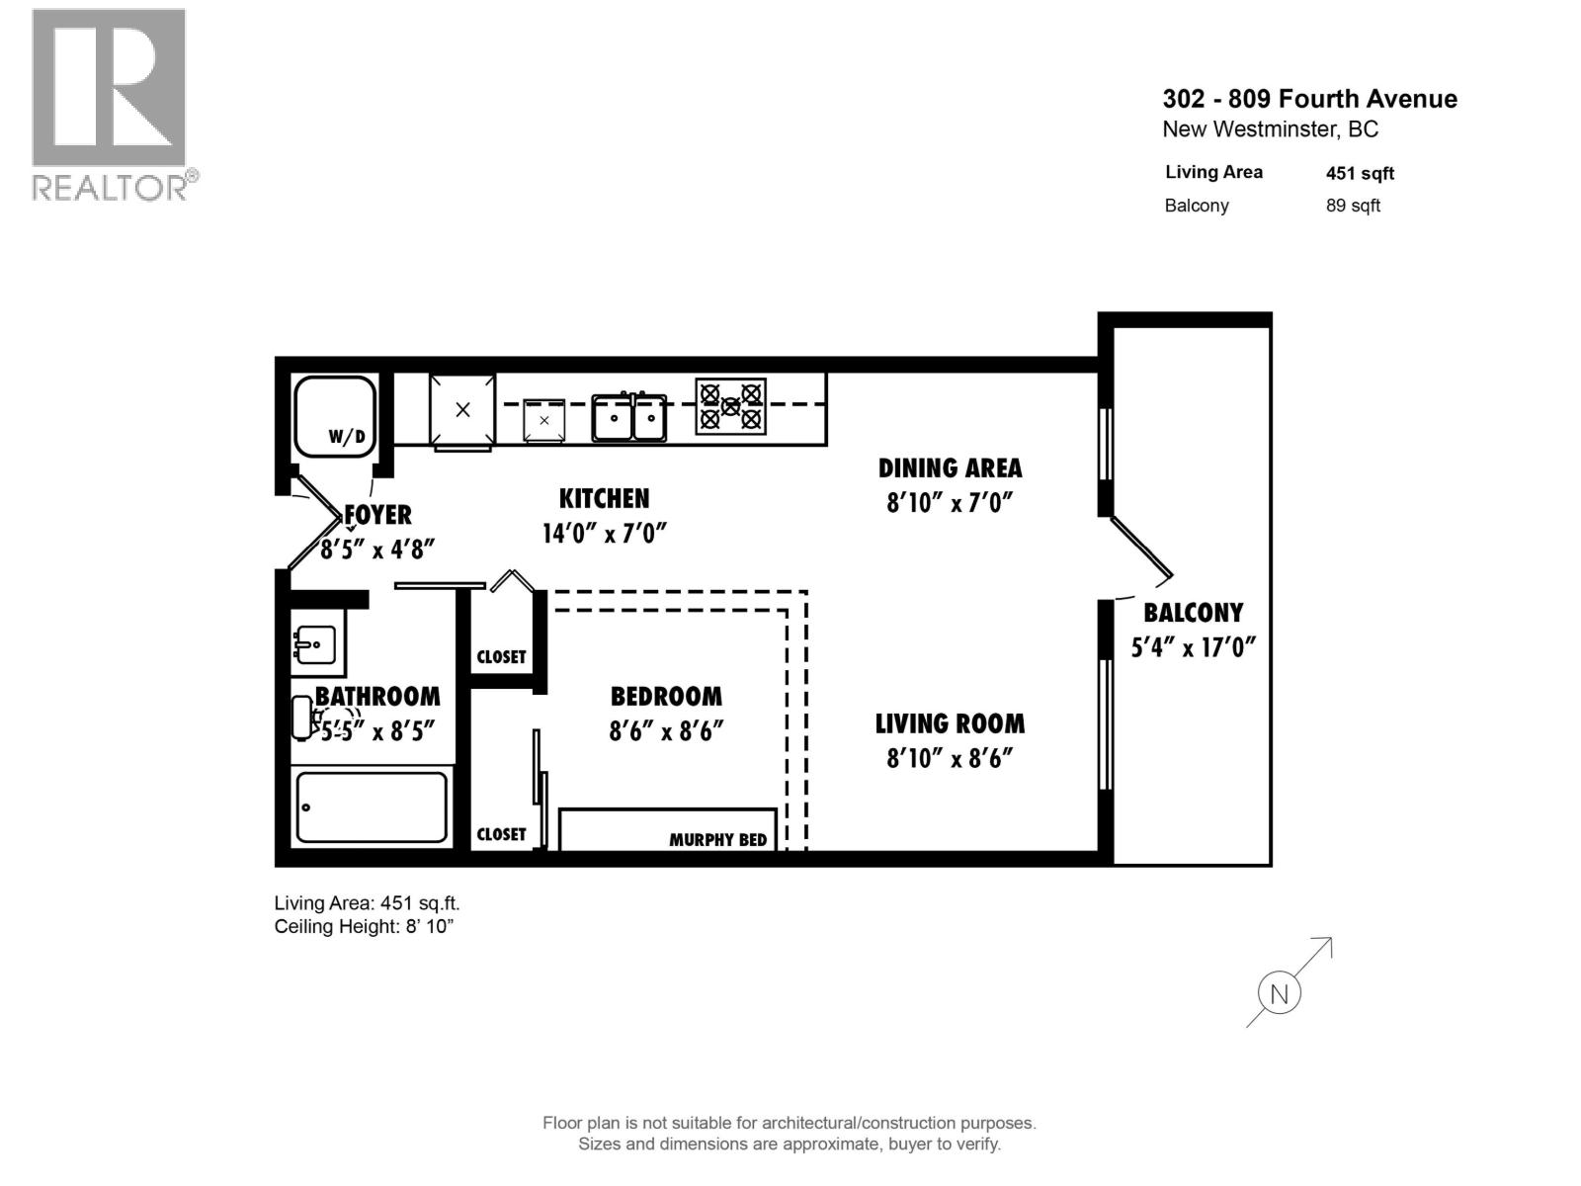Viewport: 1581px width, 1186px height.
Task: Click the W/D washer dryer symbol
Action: (x=335, y=415)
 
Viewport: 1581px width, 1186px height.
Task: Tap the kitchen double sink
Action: (x=629, y=418)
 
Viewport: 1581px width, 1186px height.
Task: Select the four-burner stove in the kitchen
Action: (x=731, y=406)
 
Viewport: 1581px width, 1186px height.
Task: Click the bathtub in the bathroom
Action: (x=372, y=807)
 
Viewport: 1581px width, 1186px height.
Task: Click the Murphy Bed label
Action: (x=717, y=840)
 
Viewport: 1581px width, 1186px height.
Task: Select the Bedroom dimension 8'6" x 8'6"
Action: (x=667, y=731)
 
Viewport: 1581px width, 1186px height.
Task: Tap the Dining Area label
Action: (x=950, y=467)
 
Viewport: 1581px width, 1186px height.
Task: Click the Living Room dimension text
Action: (x=950, y=758)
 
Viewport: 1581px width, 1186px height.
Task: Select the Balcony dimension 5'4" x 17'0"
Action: (x=1193, y=647)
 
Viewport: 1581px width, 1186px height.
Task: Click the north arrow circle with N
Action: (x=1280, y=993)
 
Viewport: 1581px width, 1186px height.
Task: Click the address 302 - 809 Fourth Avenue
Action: (x=1309, y=99)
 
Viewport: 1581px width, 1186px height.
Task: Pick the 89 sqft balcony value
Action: (x=1353, y=206)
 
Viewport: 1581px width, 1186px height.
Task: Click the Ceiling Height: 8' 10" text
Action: (x=364, y=926)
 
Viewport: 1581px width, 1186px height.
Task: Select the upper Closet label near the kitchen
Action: (x=501, y=656)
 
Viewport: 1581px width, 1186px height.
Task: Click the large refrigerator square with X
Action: (x=462, y=410)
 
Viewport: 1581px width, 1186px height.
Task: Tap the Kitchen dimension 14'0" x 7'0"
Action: (x=604, y=534)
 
